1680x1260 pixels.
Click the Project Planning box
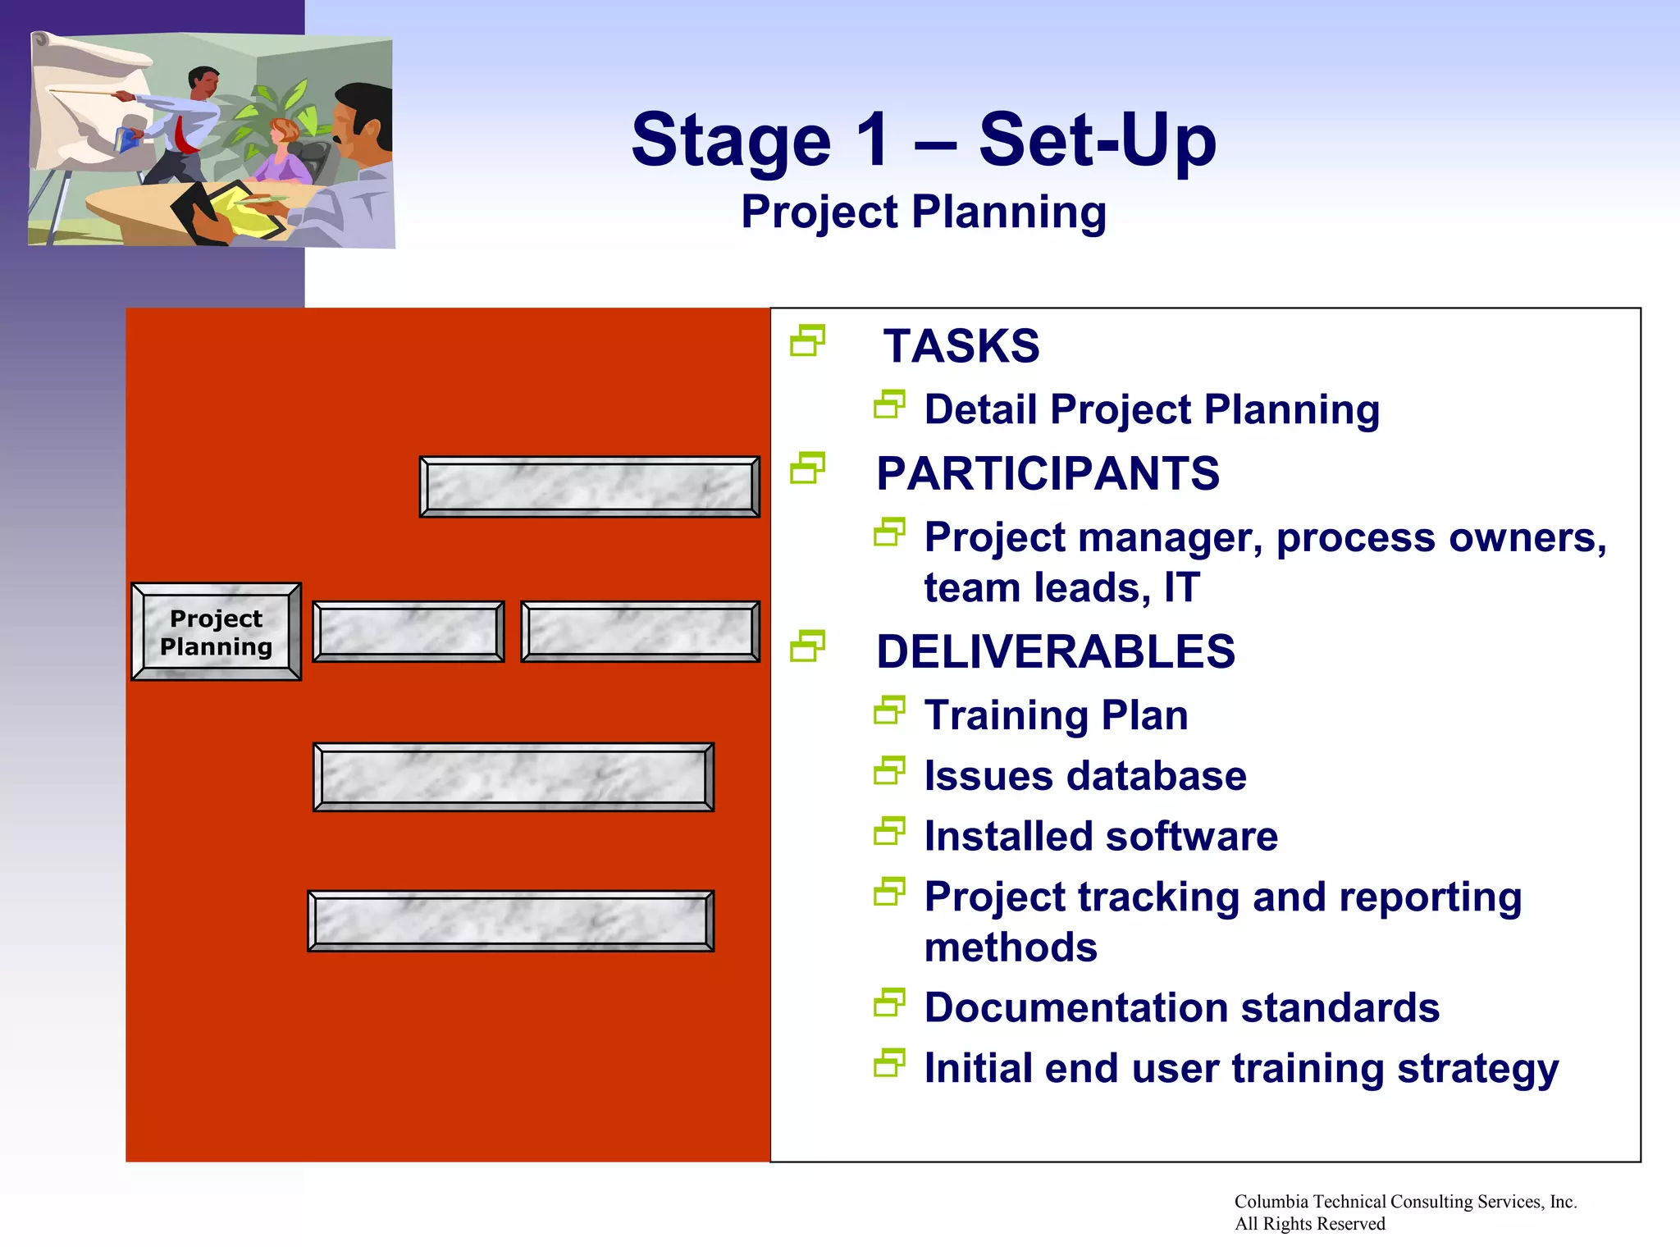click(x=216, y=632)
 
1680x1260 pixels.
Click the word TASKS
click(x=961, y=346)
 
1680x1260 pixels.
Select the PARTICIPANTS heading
click(x=1048, y=474)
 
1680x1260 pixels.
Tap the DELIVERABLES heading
click(x=1055, y=652)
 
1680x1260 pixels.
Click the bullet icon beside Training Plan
click(x=889, y=710)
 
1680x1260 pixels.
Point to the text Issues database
click(x=1084, y=776)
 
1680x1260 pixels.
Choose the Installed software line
click(x=1100, y=837)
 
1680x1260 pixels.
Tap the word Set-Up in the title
click(x=1097, y=139)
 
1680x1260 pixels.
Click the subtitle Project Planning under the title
click(x=924, y=212)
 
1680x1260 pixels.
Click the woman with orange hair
click(x=284, y=152)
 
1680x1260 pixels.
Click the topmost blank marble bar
click(x=589, y=487)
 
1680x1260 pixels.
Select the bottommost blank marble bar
click(x=510, y=921)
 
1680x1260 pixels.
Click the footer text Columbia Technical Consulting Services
click(x=1404, y=1202)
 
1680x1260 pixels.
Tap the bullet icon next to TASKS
click(x=807, y=341)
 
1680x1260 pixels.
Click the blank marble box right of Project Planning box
click(x=408, y=632)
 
